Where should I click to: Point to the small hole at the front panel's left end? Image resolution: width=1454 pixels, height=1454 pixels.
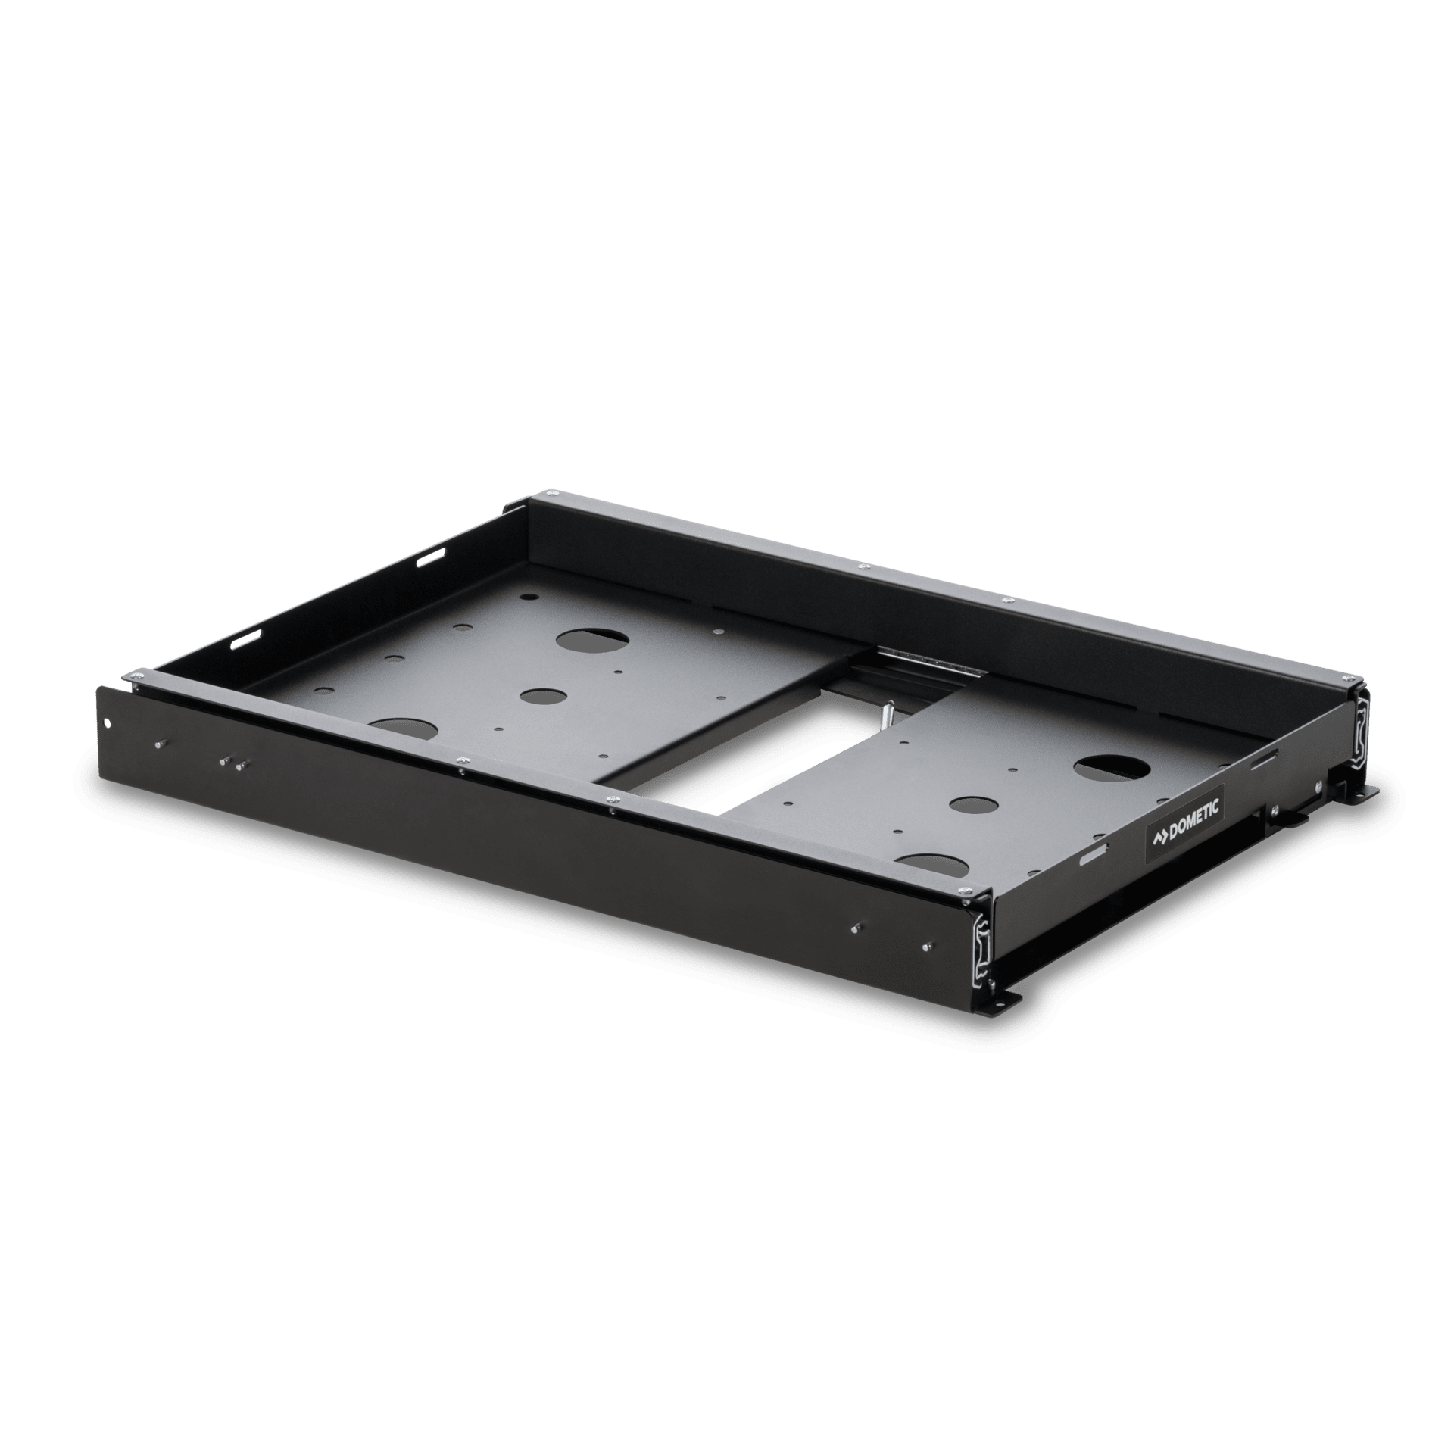(x=108, y=722)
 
